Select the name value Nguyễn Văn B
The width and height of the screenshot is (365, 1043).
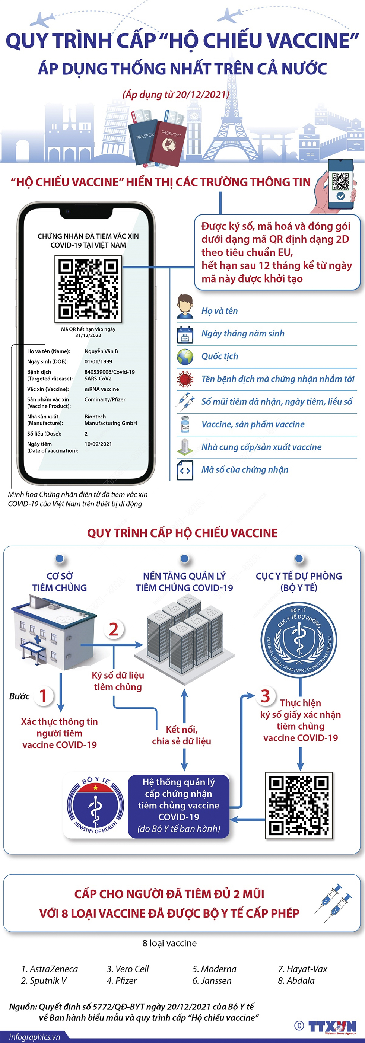[x=101, y=351]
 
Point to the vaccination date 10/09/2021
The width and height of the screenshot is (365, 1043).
[x=98, y=444]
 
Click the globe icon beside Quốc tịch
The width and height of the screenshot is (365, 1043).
[x=185, y=357]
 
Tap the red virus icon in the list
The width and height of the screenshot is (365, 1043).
[x=185, y=379]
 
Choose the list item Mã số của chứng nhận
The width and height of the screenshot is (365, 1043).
[x=245, y=470]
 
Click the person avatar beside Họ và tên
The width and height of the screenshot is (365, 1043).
[x=185, y=306]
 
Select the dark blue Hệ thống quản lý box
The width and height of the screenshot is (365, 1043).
[x=179, y=806]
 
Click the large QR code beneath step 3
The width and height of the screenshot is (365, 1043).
[x=299, y=806]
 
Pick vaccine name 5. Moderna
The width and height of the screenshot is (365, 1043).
[x=214, y=969]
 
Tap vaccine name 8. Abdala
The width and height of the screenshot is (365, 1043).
[x=296, y=980]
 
